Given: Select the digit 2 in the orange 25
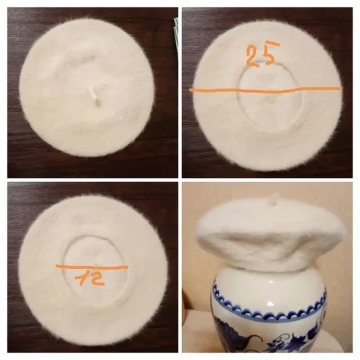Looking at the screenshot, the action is click(x=253, y=57).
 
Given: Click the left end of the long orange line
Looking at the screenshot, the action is click(x=190, y=90).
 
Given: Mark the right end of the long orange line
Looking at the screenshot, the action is click(x=340, y=88).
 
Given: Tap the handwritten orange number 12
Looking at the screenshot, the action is click(x=90, y=278).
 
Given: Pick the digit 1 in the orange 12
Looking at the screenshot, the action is click(x=80, y=278).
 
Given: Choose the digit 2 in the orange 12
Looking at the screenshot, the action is click(x=97, y=278).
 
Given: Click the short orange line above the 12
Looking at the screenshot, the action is click(x=92, y=268).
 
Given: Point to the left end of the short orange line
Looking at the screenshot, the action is click(x=57, y=266).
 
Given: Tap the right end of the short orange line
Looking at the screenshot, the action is click(x=127, y=267).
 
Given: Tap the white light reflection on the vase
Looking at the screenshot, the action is click(x=271, y=303).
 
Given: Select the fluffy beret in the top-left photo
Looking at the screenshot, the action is click(x=87, y=87).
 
